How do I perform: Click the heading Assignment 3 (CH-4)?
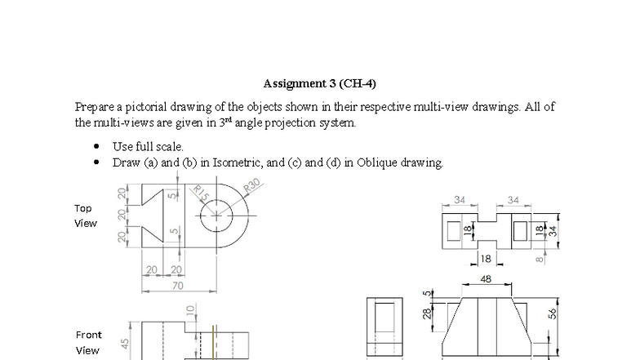(319, 83)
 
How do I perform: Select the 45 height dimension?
(126, 344)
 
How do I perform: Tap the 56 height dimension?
(552, 313)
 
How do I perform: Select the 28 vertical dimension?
(426, 313)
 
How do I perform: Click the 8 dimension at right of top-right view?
(540, 260)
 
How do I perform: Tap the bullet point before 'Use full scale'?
(97, 147)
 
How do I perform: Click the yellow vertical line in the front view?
(213, 343)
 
